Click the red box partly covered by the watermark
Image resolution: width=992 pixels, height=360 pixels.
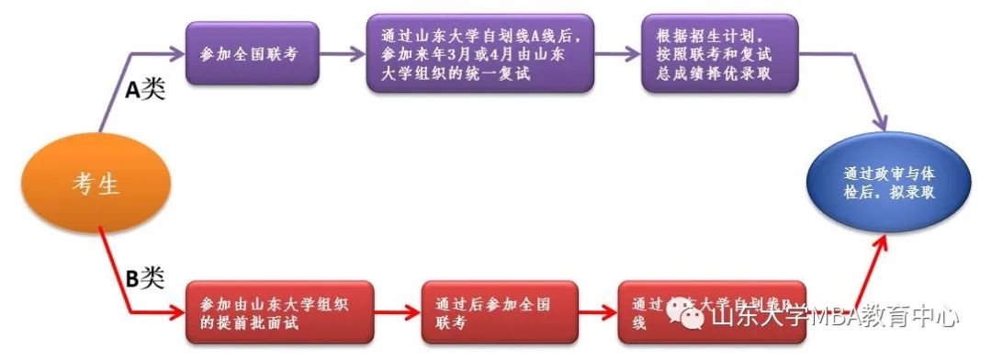[x=712, y=311]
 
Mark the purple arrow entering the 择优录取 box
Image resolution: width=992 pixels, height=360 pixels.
[x=618, y=53]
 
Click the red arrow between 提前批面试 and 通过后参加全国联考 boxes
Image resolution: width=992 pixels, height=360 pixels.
[x=396, y=312]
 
